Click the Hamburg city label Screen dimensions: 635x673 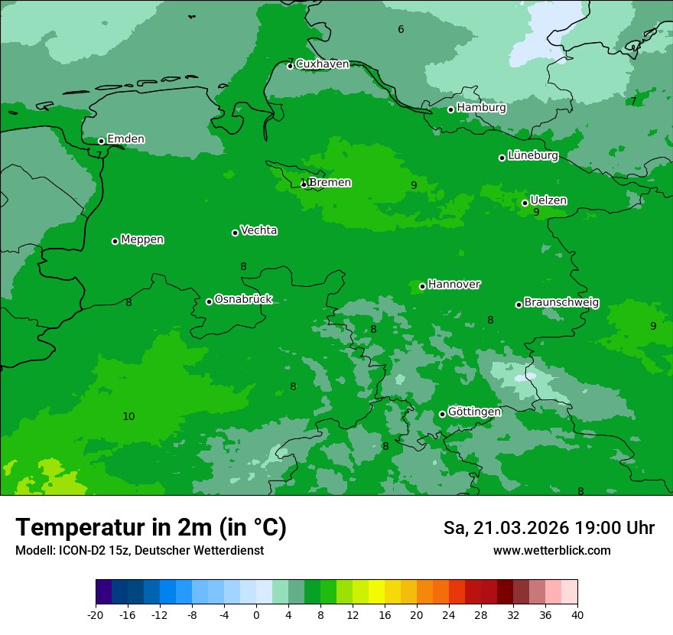pos(481,108)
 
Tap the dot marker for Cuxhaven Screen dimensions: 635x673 pos(290,66)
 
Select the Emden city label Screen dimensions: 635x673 pos(125,139)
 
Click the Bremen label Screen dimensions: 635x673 pos(330,183)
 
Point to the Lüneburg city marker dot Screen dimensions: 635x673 pos(502,158)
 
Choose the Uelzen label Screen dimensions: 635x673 pos(548,200)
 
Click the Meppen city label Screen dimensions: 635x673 pos(142,239)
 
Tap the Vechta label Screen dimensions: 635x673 pos(258,230)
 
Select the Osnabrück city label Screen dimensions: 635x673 pos(243,299)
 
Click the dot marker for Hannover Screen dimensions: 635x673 pos(422,287)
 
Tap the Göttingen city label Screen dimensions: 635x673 pos(474,412)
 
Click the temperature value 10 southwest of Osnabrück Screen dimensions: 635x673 pos(128,416)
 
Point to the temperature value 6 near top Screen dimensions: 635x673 pos(401,30)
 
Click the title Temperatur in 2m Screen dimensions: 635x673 pos(151,527)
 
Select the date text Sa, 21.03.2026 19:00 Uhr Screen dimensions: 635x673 pos(548,528)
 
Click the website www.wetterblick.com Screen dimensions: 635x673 pos(551,551)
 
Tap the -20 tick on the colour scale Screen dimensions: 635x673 pos(96,615)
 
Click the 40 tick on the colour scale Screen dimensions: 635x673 pos(577,615)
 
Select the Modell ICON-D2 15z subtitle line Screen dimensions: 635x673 pos(139,551)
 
